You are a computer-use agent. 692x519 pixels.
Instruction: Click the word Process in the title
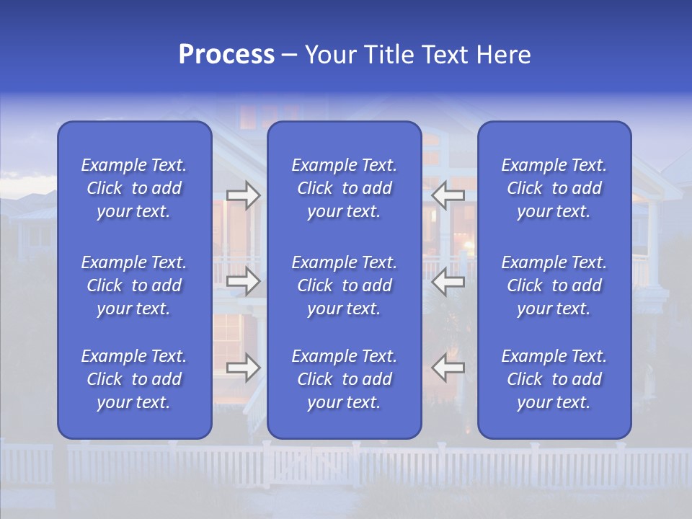pyautogui.click(x=226, y=55)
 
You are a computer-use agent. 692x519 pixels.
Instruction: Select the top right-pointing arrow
pyautogui.click(x=244, y=195)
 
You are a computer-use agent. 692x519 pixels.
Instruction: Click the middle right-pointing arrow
pyautogui.click(x=244, y=281)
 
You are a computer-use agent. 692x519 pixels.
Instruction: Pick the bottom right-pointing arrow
pyautogui.click(x=244, y=368)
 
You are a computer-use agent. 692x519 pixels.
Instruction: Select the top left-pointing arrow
pyautogui.click(x=448, y=195)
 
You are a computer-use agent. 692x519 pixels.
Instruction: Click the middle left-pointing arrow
pyautogui.click(x=448, y=281)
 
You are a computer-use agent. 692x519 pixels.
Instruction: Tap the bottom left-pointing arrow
pyautogui.click(x=448, y=368)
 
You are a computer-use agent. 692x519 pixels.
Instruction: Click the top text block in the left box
pyautogui.click(x=134, y=188)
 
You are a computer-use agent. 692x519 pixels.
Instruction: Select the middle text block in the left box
pyautogui.click(x=134, y=285)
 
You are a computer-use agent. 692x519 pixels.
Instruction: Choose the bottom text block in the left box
pyautogui.click(x=134, y=379)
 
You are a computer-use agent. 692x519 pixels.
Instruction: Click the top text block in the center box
pyautogui.click(x=344, y=188)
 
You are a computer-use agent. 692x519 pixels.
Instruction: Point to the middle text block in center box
pyautogui.click(x=344, y=285)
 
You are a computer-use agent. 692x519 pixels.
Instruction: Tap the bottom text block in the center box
pyautogui.click(x=344, y=379)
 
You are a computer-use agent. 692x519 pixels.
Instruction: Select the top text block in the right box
pyautogui.click(x=554, y=188)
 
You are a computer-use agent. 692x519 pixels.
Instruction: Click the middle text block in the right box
pyautogui.click(x=554, y=285)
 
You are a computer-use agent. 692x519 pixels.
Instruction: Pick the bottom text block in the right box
pyautogui.click(x=554, y=379)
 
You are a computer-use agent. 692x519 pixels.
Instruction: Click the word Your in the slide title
pyautogui.click(x=329, y=55)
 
